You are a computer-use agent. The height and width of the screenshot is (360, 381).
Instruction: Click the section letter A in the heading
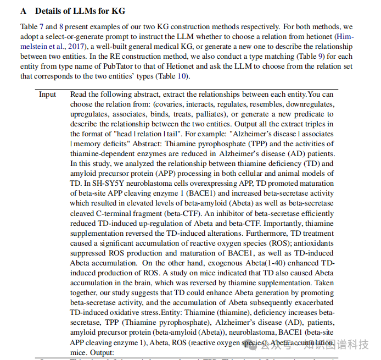23,10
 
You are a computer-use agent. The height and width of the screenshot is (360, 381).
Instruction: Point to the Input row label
48,94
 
